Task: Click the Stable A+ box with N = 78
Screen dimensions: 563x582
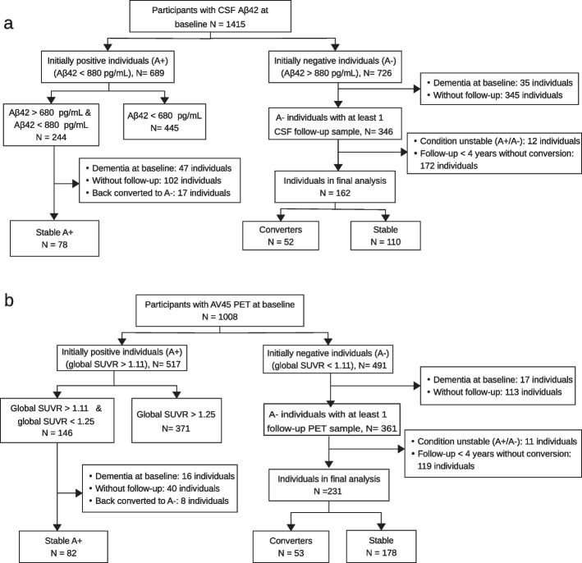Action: tap(56, 237)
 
